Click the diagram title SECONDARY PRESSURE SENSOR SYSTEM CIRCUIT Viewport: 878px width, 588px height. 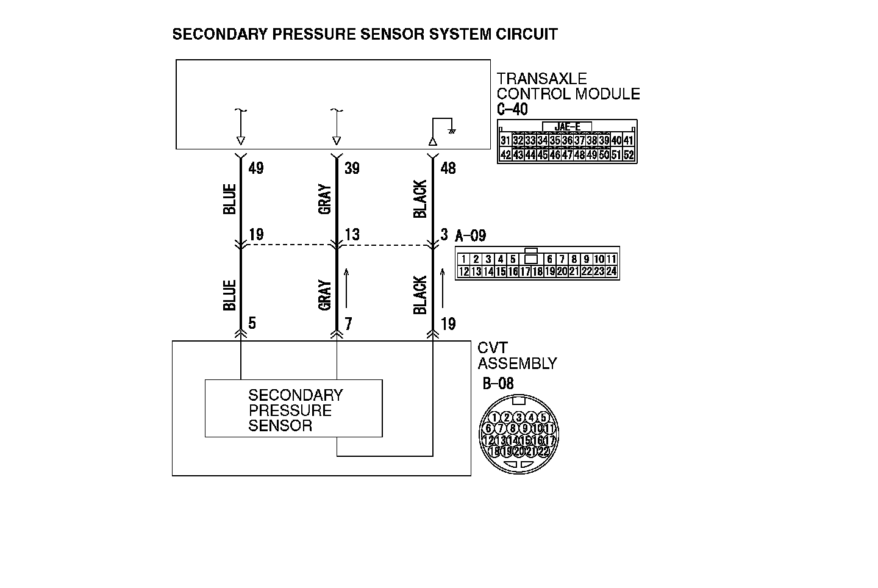point(365,34)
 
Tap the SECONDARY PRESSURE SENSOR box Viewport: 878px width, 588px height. point(293,409)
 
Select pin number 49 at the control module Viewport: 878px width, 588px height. point(256,168)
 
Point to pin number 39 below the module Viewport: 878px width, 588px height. point(352,168)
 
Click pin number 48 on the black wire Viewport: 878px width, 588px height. point(448,168)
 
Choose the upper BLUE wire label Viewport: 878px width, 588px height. point(230,199)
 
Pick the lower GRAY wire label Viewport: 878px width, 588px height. point(325,295)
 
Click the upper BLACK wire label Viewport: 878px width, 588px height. point(420,199)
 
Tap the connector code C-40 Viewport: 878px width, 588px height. point(512,110)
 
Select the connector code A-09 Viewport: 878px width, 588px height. point(471,235)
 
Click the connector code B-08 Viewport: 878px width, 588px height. point(498,384)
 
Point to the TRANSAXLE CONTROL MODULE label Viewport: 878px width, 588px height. point(568,86)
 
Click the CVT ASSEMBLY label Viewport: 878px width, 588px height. point(516,356)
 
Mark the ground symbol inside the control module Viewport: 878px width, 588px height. point(452,131)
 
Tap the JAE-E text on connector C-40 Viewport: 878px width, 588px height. point(567,127)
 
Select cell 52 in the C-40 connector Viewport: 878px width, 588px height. point(629,155)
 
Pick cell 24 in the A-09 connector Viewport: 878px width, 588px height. point(611,272)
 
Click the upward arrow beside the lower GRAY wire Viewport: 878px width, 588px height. point(346,289)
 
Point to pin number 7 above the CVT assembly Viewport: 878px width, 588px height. point(348,324)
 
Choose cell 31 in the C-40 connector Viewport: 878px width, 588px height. point(505,141)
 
